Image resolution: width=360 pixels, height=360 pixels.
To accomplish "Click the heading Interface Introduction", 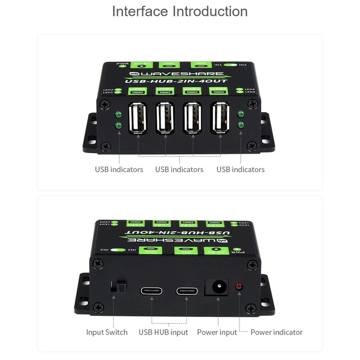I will point(180,11).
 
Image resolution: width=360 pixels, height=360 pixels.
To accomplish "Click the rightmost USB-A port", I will point(220,118).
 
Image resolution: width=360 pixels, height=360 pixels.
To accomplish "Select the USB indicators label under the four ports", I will point(179,170).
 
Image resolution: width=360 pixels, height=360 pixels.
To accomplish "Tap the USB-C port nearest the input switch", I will point(152,290).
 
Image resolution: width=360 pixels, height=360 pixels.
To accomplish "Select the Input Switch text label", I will point(107,333).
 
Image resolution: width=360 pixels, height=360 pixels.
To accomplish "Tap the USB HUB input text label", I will point(163,333).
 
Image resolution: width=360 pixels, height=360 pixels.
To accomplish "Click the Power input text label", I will point(217,333).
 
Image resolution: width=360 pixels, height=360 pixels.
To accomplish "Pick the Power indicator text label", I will point(276,333).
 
